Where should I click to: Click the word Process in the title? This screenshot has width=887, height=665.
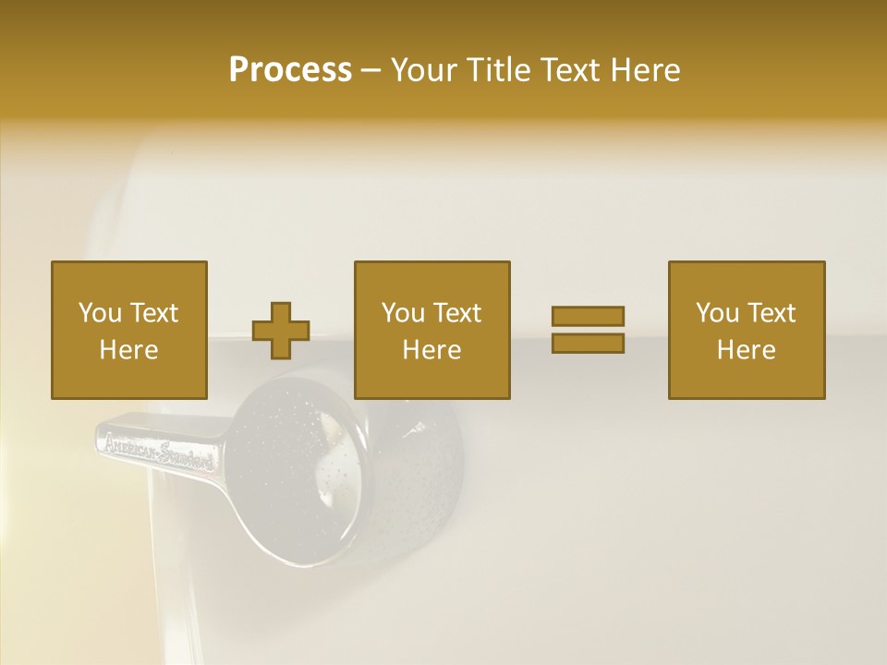290,70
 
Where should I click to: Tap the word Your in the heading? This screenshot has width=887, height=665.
425,70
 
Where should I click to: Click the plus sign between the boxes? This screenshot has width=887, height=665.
281,330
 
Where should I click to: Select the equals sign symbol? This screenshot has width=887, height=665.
588,330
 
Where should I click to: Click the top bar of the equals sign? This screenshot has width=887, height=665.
588,316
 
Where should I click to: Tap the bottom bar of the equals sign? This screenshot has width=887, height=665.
588,343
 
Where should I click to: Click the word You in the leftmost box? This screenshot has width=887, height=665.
100,313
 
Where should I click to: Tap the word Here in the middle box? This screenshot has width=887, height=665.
432,350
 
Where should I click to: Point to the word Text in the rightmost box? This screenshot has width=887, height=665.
772,313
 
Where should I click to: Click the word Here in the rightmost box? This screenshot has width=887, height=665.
747,350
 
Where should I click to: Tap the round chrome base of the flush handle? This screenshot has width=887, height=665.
305,462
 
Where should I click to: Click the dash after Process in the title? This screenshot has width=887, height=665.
371,70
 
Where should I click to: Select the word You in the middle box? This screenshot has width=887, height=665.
403,313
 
